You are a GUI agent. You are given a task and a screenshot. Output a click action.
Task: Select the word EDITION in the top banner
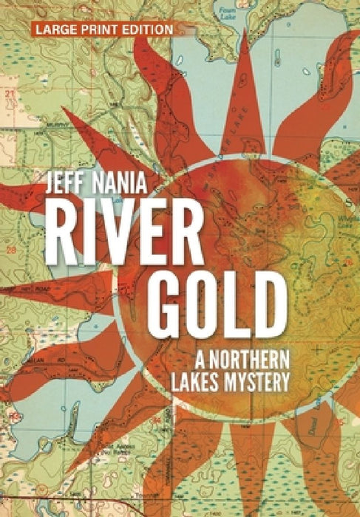tap(149, 29)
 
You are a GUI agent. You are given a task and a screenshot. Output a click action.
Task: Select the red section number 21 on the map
tap(10, 95)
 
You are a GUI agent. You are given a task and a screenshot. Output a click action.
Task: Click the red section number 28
tap(10, 252)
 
